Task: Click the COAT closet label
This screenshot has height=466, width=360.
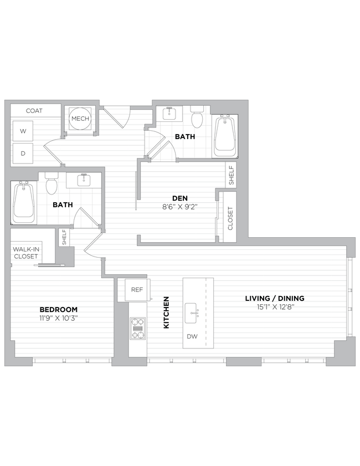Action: (x=34, y=111)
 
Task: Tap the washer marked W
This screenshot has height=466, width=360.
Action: (x=23, y=131)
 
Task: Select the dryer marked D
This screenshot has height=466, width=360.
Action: (x=23, y=153)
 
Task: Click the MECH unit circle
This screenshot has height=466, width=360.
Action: (x=80, y=119)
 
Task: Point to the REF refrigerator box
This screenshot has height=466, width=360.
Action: (x=137, y=289)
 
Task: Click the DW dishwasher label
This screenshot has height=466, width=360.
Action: (x=192, y=336)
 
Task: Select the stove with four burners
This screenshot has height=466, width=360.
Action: (x=137, y=327)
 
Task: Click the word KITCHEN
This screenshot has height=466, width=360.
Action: (x=166, y=313)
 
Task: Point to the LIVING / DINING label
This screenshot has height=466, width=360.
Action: (x=275, y=298)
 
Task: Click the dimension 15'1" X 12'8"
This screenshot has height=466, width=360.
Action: (x=275, y=307)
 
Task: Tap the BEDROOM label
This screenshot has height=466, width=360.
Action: (x=58, y=309)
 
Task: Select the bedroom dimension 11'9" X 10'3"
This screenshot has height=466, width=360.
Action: (x=58, y=318)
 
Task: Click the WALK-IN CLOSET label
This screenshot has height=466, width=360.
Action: (x=26, y=253)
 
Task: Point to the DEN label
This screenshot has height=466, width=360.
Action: (x=179, y=198)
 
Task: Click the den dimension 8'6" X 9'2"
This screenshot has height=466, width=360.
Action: (x=179, y=207)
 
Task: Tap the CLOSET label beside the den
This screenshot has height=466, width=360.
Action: (x=230, y=218)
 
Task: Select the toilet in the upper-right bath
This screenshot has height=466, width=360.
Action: (x=197, y=119)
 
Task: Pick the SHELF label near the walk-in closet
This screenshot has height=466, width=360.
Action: (x=64, y=237)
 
